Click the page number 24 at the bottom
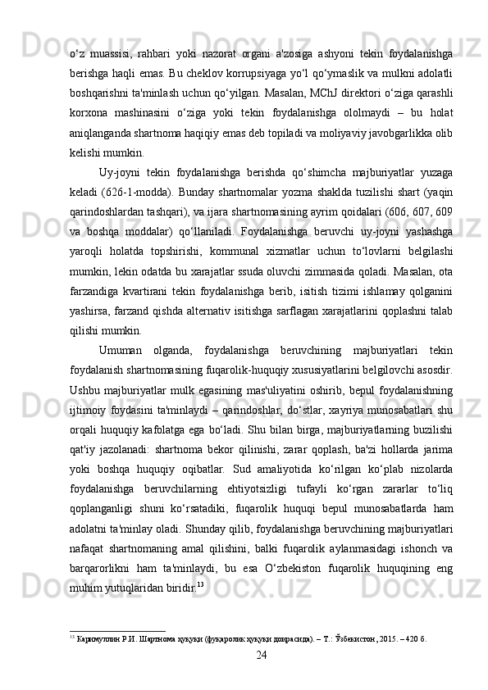261,656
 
